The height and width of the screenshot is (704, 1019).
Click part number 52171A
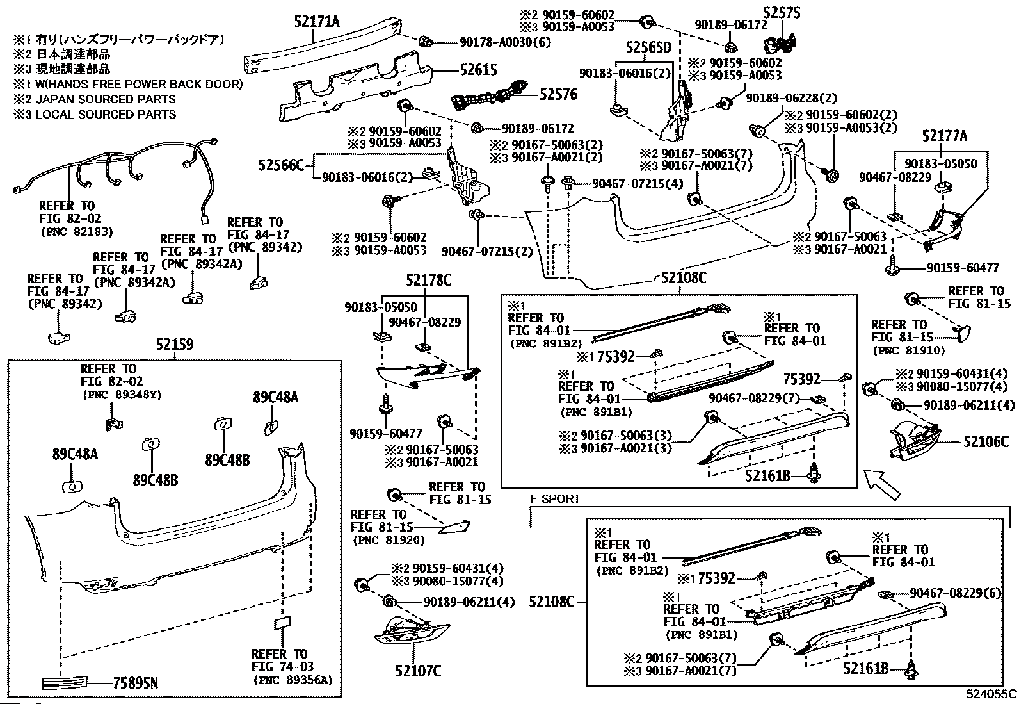pos(317,22)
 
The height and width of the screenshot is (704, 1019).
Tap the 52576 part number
pos(558,95)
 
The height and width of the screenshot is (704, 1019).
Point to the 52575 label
pos(782,12)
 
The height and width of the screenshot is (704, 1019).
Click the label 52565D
pos(648,48)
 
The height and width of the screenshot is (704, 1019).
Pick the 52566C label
pos(281,166)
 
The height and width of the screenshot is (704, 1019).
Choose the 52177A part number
pos(944,136)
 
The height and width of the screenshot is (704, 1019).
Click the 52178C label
pos(428,280)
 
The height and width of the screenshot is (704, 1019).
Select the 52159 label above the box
pos(174,345)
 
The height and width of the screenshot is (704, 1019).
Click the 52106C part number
pos(986,441)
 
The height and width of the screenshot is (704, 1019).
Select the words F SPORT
pos(555,498)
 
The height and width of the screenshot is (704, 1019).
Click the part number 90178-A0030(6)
pos(505,42)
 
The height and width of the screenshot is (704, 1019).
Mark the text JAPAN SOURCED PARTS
pos(105,99)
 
